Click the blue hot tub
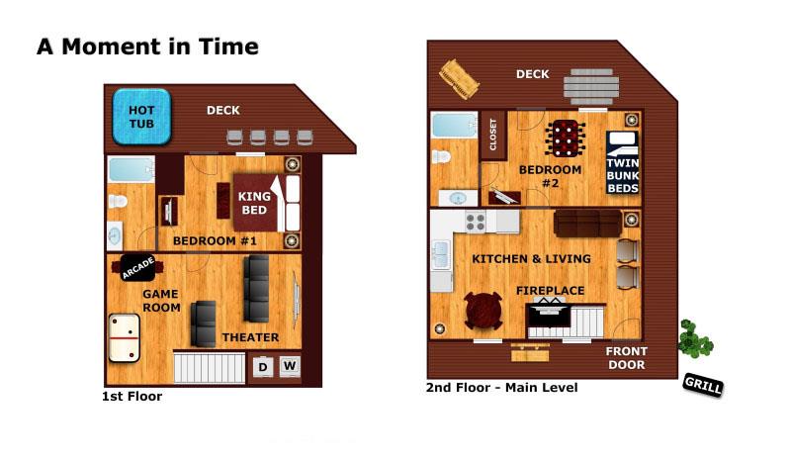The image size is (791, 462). coord(141,117)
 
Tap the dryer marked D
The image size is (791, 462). coord(263,367)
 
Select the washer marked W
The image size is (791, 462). coord(290,366)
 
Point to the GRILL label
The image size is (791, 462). coord(703,385)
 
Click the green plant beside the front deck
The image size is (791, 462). coord(695,338)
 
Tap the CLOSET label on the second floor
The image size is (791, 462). coord(492,135)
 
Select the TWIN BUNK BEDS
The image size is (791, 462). coord(623,162)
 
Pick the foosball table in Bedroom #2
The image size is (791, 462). coord(565,139)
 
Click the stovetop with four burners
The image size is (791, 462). coord(476,223)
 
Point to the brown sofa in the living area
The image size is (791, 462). coord(587,224)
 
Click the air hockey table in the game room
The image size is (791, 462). coord(125,337)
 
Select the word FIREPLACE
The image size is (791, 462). coord(550,291)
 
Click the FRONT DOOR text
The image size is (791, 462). coord(627,358)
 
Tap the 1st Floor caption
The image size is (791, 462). coord(132,397)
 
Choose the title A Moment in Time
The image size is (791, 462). coord(147,46)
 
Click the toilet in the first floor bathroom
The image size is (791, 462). coord(118,201)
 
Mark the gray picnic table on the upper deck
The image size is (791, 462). coord(591,87)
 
